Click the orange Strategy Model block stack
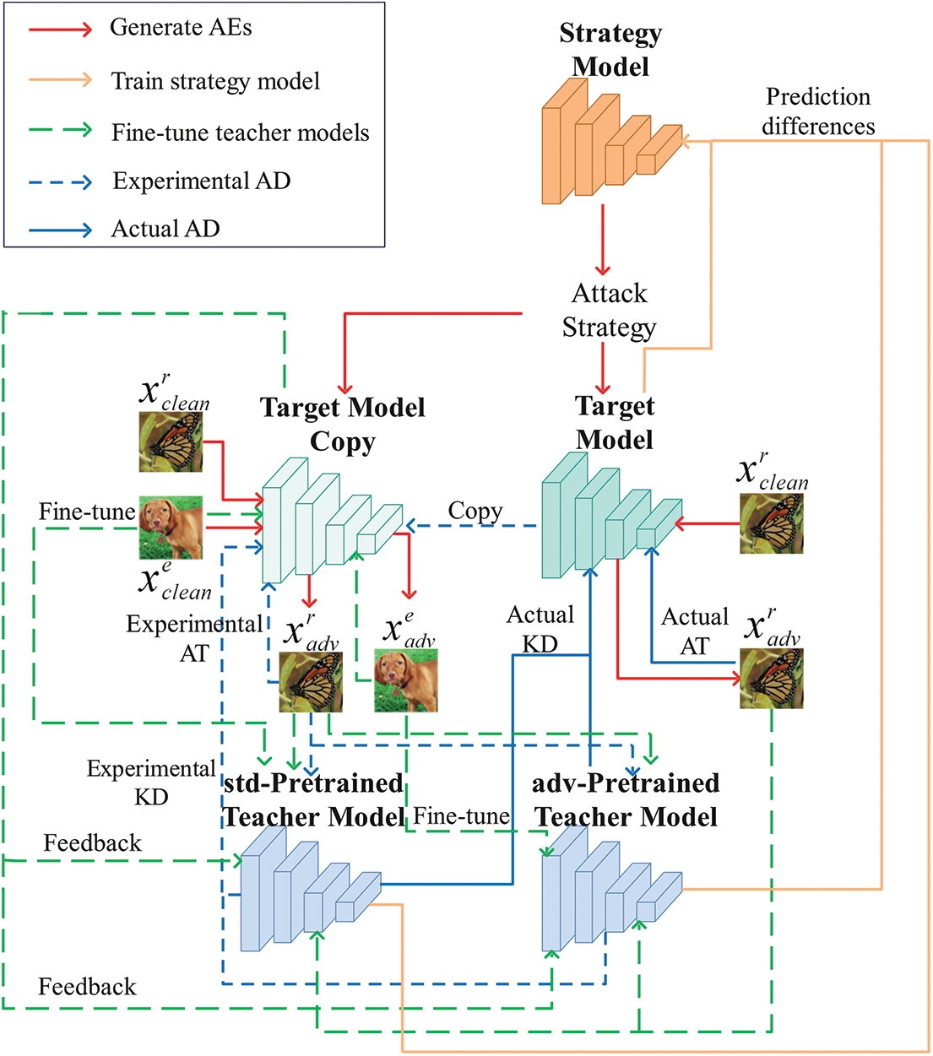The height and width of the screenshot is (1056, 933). pos(612,141)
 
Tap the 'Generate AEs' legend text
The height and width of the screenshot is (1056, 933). pos(181,27)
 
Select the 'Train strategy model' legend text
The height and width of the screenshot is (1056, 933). pos(215,81)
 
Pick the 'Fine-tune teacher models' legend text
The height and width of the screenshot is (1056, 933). pos(241,133)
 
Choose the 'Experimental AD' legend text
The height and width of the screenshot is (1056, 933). pos(202,181)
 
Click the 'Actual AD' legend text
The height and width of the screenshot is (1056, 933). pos(165,229)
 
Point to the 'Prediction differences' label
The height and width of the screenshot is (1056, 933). pos(817,111)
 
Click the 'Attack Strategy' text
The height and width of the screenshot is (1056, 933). pos(609,311)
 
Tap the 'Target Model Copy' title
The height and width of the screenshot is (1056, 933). pos(343,425)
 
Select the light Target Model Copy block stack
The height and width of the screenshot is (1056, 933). pos(332,520)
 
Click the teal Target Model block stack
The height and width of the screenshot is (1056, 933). pos(612,515)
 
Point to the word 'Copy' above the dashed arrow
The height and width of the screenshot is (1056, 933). pos(475,512)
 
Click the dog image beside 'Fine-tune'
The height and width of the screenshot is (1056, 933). pos(171,528)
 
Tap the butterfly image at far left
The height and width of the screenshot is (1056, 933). pos(171,442)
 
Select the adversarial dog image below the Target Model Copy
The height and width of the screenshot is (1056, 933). pos(406,680)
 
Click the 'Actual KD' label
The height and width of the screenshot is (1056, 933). pos(540,629)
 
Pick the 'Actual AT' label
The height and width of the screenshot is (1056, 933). pos(695,631)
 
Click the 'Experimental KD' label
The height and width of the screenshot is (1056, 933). pos(151,783)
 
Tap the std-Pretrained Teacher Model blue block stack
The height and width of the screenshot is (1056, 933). pos(311,889)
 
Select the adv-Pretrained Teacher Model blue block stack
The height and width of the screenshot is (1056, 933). pos(612,889)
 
